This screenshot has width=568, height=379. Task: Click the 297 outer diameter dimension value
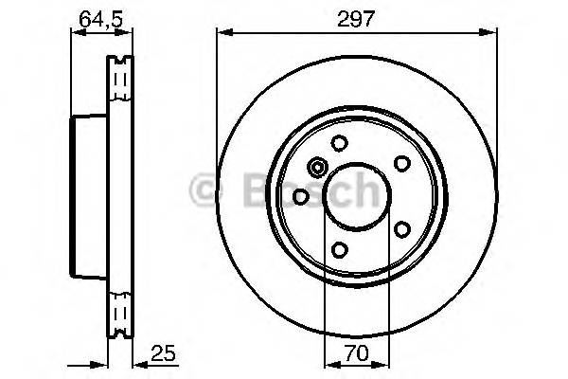point(355,16)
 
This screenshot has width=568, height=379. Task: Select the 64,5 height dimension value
point(93,16)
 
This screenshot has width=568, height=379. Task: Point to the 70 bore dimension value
point(356,355)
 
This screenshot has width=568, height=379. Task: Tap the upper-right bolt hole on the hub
point(400,163)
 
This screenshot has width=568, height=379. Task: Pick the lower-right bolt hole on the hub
point(400,230)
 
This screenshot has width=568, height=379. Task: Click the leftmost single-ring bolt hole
point(301,196)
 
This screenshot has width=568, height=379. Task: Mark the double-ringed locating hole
point(317,169)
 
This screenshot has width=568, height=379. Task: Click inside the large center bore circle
point(356,196)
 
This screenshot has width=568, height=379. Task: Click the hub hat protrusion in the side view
point(90,196)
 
